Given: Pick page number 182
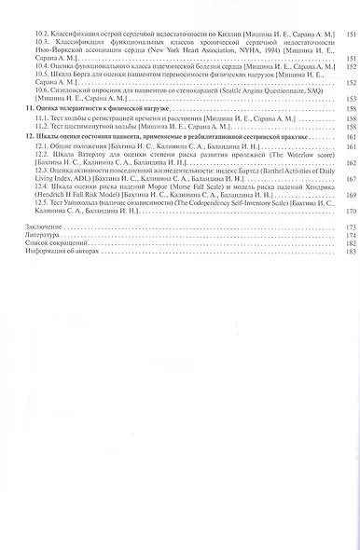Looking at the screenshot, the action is click(x=351, y=244).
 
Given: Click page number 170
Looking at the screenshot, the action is click(x=351, y=212).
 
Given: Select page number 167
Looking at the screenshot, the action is click(x=351, y=179).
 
